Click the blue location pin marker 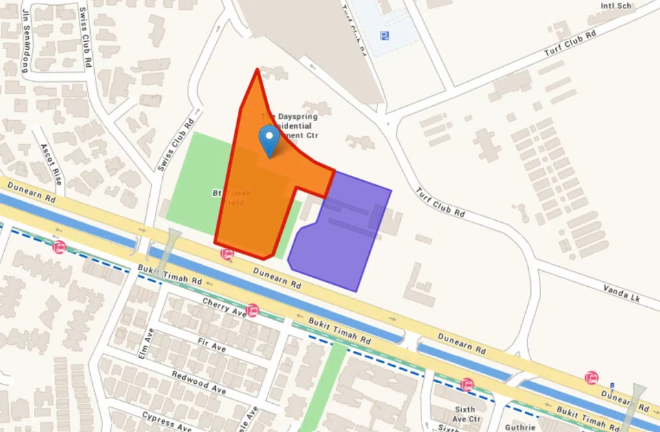[x=269, y=139]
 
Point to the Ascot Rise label [x=51, y=164]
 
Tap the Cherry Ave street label [x=224, y=307]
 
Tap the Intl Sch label [x=615, y=6]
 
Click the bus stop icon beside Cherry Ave [x=252, y=310]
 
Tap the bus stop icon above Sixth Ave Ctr [x=467, y=385]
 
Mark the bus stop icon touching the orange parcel [x=226, y=254]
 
